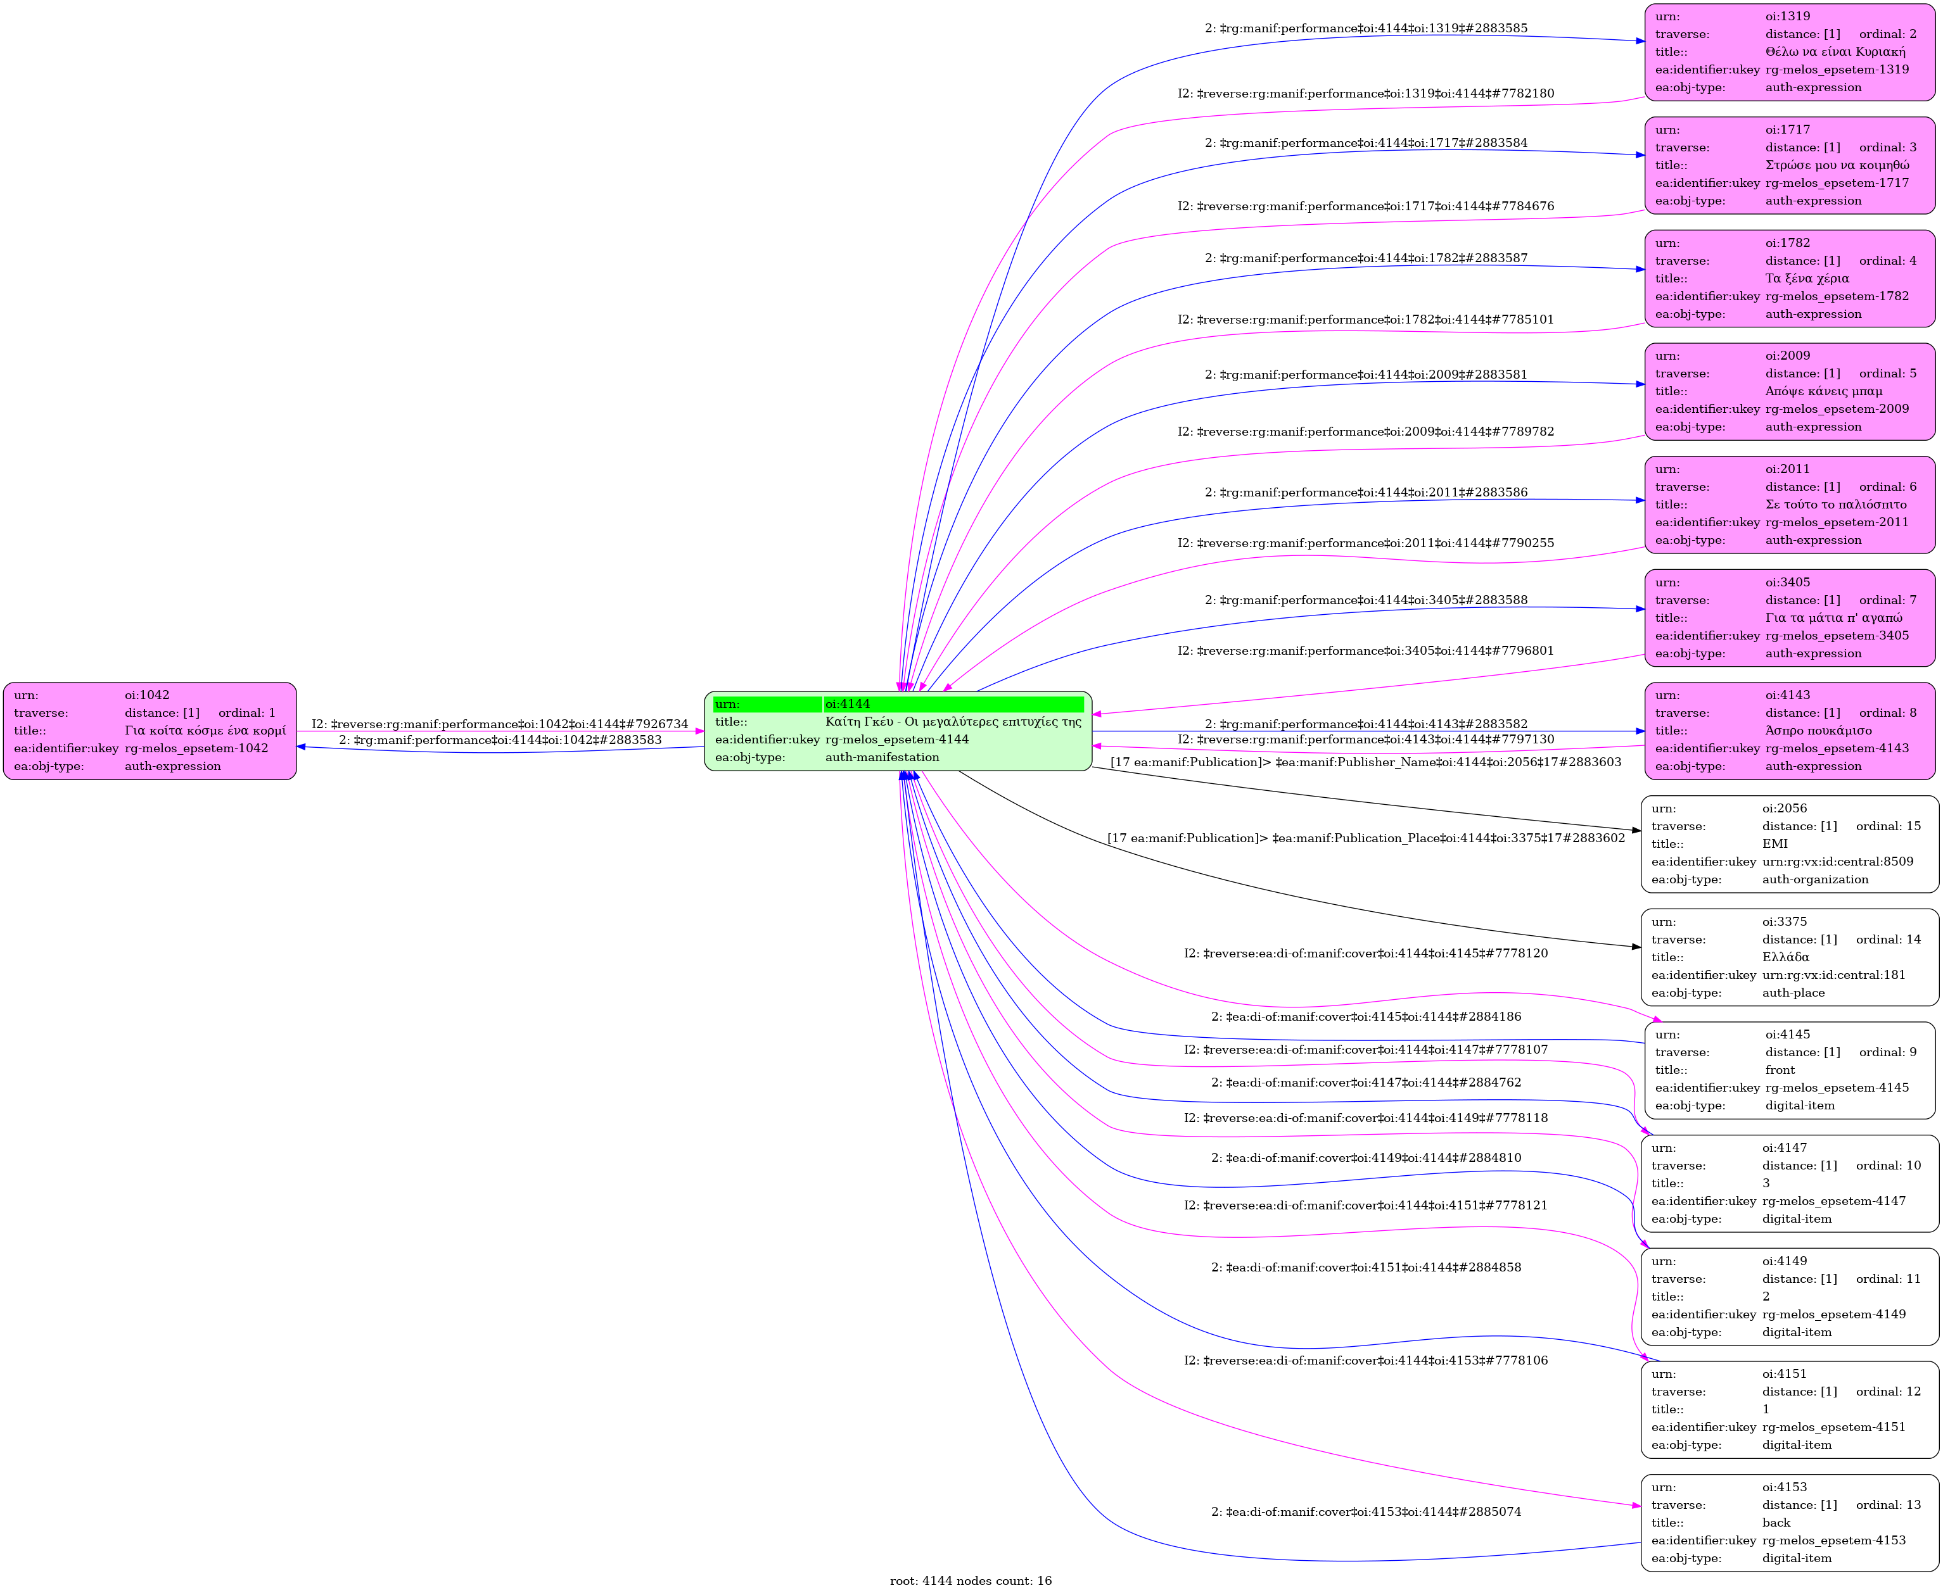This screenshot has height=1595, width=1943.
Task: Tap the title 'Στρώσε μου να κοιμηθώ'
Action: click(1837, 165)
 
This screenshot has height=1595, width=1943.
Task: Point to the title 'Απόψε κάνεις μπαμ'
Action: click(1823, 391)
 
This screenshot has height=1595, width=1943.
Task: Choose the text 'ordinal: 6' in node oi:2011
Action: click(1887, 487)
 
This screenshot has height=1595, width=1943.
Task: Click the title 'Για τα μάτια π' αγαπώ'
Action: click(1833, 617)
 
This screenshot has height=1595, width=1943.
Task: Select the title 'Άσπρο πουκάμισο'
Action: click(1818, 731)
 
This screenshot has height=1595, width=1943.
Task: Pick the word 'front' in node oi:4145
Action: click(1780, 1069)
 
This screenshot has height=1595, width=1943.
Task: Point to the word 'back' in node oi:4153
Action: click(1776, 1522)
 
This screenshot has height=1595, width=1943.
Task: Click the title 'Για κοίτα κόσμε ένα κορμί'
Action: click(205, 731)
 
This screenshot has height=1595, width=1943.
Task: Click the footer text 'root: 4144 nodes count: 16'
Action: click(971, 1580)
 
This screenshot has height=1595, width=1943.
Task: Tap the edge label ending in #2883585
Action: click(1366, 28)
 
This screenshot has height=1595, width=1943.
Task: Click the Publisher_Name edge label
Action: click(1366, 762)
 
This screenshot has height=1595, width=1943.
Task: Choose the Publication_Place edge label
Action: click(1366, 838)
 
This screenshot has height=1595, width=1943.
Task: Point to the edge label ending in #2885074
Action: click(1366, 1511)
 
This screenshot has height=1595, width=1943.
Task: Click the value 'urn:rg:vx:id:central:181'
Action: click(1833, 975)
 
